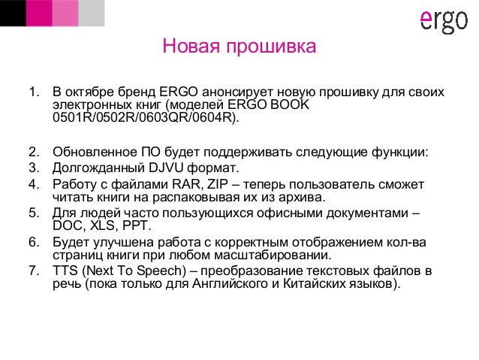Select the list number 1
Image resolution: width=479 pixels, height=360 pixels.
(33, 92)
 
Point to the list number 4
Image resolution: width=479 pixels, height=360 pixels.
(33, 184)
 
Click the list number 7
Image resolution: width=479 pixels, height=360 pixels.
(33, 270)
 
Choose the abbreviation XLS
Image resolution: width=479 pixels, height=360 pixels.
(104, 226)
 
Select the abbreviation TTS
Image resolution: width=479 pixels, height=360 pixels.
(66, 270)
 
